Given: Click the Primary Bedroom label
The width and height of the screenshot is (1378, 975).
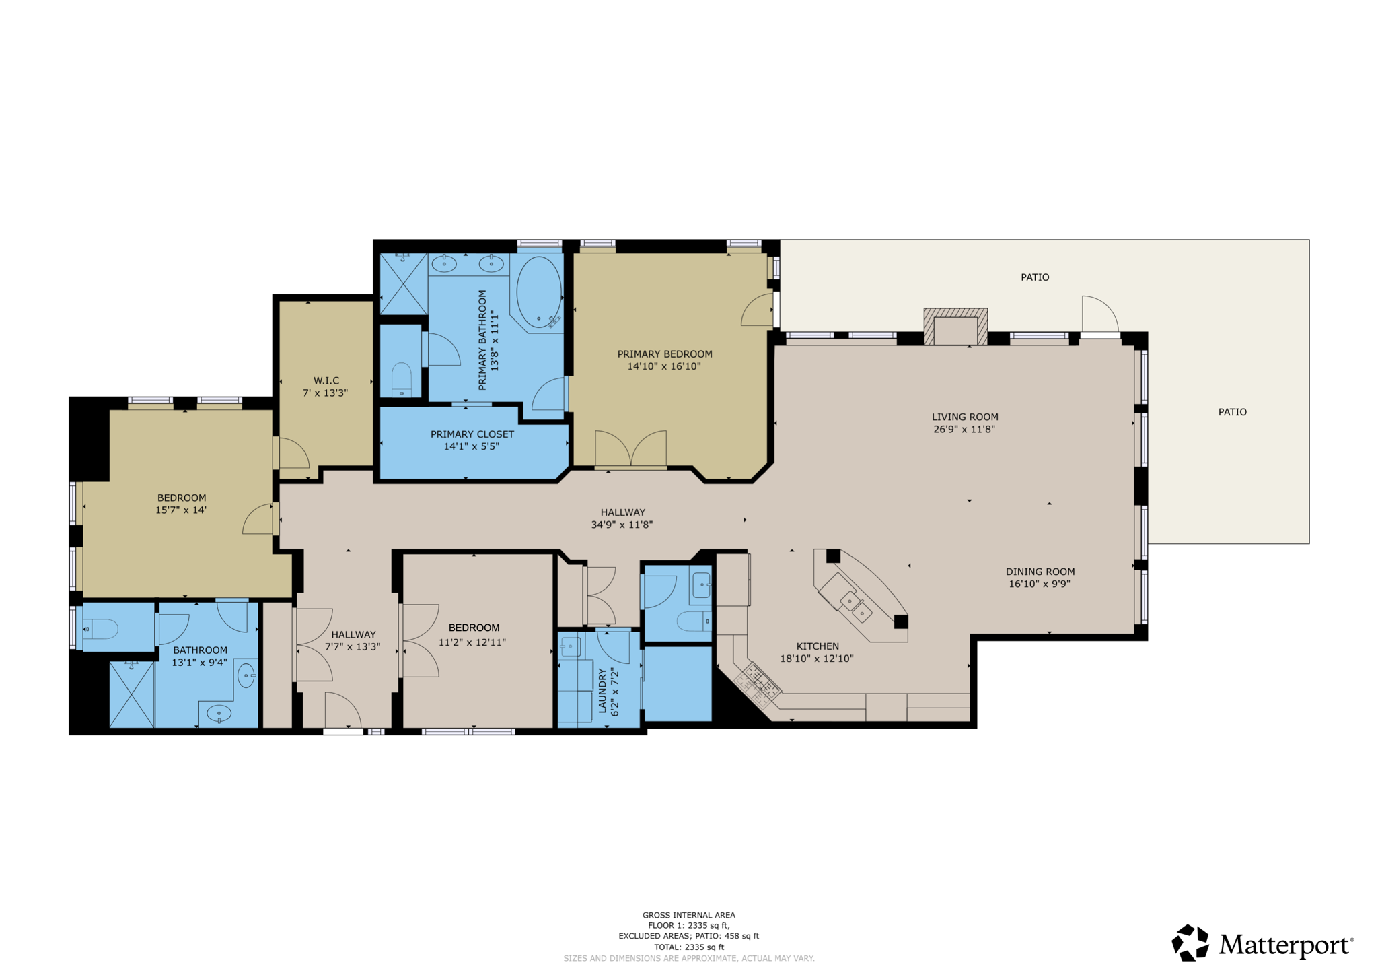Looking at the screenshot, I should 664,354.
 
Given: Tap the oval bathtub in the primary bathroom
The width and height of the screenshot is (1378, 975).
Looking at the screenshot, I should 538,292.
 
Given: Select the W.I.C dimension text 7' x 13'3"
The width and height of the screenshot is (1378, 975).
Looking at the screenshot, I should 325,393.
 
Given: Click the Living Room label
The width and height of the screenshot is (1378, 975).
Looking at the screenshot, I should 964,417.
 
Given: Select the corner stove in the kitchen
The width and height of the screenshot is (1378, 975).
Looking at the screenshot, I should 759,683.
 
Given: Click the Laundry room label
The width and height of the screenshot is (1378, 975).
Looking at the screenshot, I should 602,692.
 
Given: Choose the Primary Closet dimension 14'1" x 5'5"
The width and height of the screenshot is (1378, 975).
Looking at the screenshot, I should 471,446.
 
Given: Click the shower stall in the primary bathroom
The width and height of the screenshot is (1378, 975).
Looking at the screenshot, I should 403,284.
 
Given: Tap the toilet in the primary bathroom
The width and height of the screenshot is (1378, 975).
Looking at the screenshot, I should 402,380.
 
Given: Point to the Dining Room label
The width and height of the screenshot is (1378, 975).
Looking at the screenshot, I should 1040,572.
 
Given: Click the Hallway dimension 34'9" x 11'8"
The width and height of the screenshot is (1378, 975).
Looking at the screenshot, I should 622,525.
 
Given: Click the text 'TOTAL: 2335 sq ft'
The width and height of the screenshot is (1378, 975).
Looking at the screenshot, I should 688,947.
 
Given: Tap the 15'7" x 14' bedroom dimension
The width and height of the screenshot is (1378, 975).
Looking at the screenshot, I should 181,510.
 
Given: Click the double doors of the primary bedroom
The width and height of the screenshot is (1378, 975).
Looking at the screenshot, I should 630,449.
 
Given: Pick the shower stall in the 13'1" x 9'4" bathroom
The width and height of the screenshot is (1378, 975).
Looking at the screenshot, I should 132,695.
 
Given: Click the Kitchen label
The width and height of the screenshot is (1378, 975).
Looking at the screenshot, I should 817,646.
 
